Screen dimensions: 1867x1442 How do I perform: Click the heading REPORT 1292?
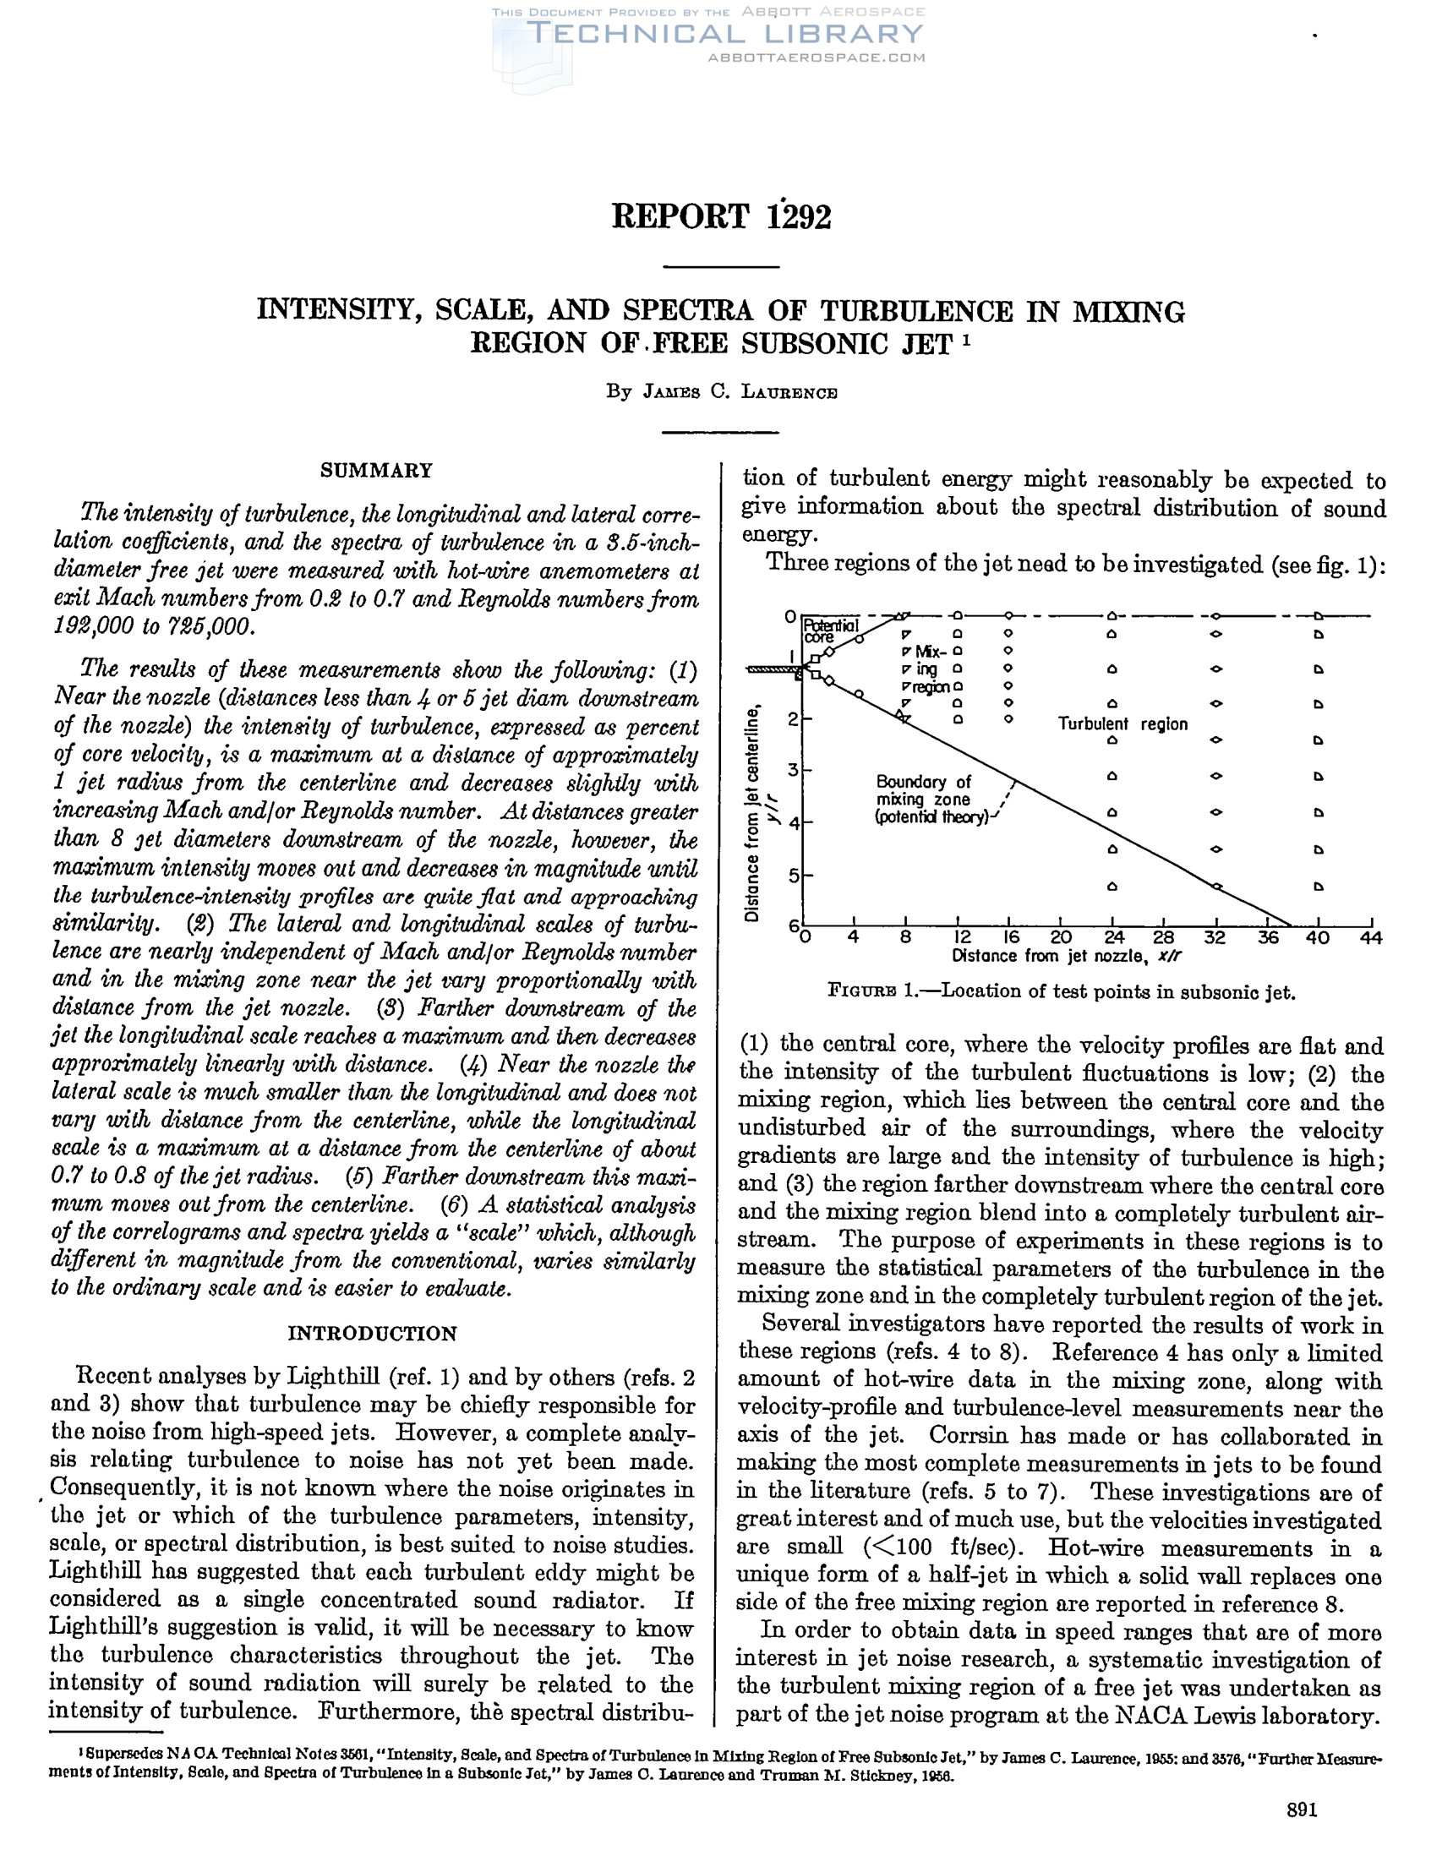(720, 217)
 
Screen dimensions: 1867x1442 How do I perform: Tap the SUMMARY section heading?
(376, 470)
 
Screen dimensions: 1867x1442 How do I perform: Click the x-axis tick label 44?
(1369, 938)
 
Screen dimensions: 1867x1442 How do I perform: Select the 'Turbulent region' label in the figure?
(1122, 724)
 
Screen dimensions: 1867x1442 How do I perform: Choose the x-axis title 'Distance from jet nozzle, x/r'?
(1067, 956)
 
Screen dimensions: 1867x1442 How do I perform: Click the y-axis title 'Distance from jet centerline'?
(752, 812)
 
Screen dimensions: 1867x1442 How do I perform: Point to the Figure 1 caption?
(1062, 991)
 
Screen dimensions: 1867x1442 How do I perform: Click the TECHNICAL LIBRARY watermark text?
(725, 34)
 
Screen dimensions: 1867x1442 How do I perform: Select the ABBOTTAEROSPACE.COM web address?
(817, 57)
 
